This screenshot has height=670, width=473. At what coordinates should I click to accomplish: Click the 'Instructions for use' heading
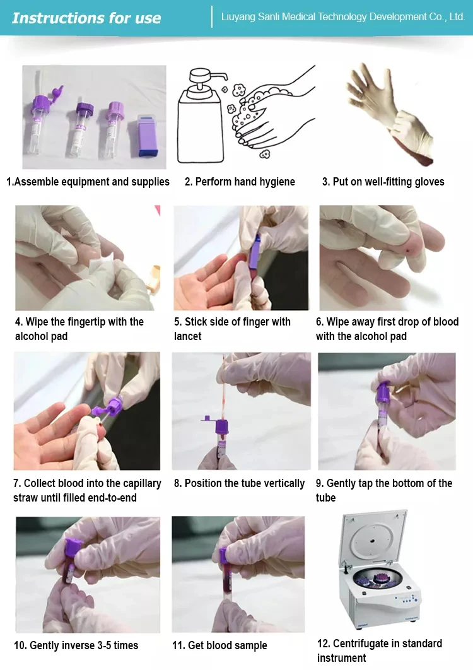86,18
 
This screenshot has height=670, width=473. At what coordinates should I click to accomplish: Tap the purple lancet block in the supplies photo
148,136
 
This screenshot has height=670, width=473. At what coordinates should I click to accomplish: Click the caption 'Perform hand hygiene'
245,182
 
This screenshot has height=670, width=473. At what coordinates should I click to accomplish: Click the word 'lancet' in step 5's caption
187,336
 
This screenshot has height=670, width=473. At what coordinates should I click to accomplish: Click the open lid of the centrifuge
373,538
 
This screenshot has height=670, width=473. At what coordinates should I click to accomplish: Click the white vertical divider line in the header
212,17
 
